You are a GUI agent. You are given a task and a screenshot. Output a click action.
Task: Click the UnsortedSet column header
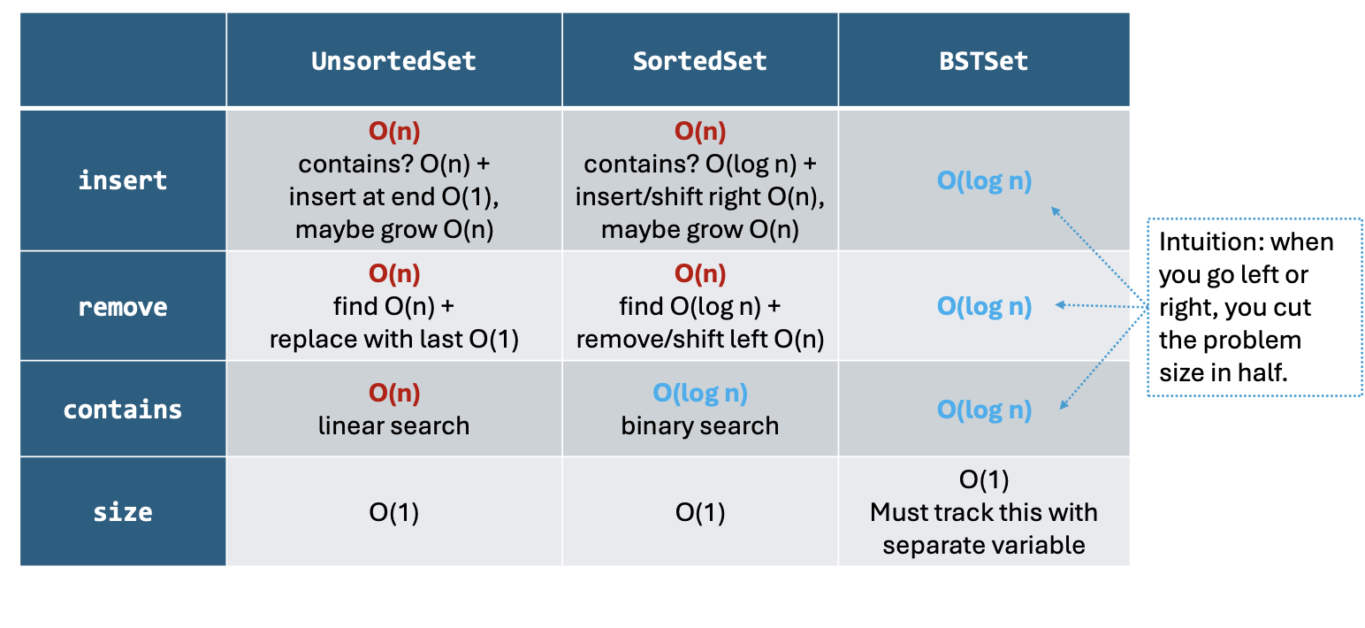click(x=393, y=61)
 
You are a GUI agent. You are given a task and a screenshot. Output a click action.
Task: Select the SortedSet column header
click(x=699, y=61)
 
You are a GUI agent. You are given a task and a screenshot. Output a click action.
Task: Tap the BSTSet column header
click(x=984, y=61)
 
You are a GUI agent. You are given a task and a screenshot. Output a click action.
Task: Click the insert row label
click(x=123, y=180)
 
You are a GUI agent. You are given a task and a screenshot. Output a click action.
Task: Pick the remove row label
click(x=123, y=307)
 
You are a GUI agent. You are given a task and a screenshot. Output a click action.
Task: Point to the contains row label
click(x=123, y=410)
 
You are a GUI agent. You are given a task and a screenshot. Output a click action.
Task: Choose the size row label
click(x=123, y=512)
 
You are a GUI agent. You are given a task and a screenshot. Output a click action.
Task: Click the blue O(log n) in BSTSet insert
click(x=984, y=180)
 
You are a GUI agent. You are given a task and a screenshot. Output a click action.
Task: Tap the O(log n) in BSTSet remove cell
click(x=984, y=306)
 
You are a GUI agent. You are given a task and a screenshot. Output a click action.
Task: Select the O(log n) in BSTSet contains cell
click(x=984, y=410)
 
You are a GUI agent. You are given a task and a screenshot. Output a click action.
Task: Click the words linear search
click(x=393, y=425)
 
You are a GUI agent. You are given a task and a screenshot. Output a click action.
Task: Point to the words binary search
click(x=699, y=425)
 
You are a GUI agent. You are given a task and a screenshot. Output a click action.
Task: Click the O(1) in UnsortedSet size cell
click(x=393, y=512)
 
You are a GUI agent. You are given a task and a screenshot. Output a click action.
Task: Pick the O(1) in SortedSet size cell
click(x=699, y=512)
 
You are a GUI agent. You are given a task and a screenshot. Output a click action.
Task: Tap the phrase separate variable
click(x=984, y=545)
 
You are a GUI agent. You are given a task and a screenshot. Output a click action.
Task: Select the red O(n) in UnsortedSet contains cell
click(x=394, y=393)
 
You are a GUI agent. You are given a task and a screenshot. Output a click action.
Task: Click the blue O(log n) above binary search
click(x=700, y=393)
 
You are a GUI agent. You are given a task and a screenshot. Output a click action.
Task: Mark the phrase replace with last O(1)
click(x=393, y=340)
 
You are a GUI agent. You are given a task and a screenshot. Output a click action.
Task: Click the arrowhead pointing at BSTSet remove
click(x=1060, y=305)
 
